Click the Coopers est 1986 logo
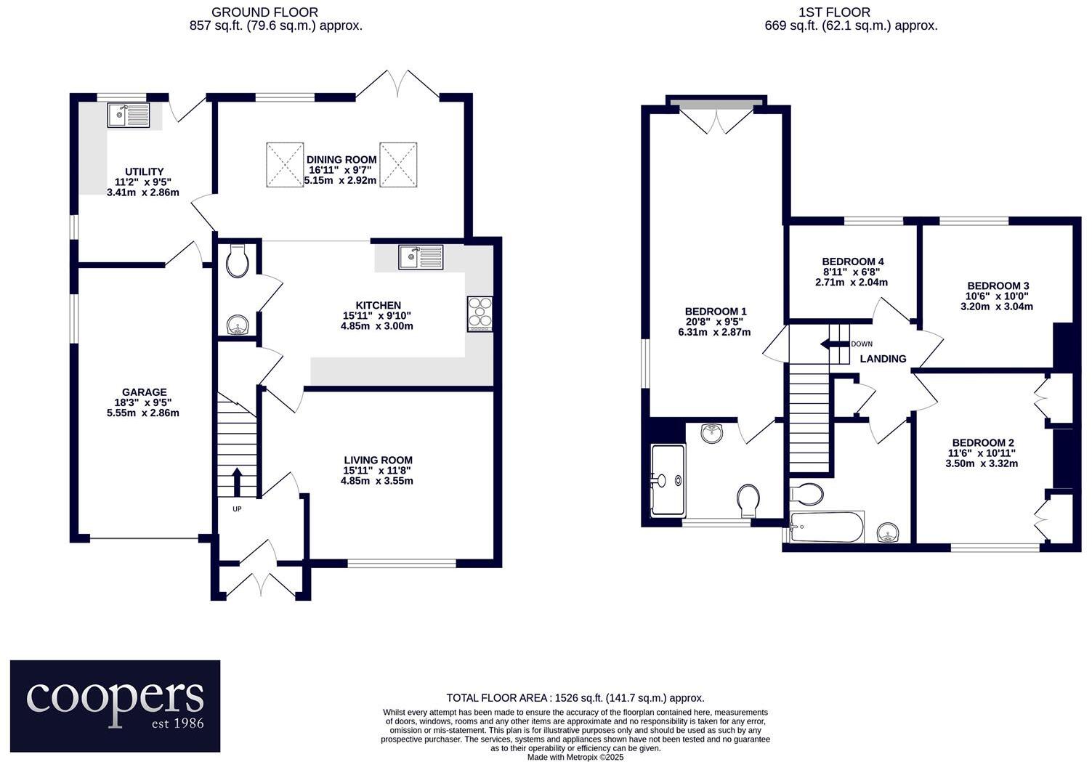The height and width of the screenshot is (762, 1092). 115,705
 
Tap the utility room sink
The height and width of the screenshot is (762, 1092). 128,115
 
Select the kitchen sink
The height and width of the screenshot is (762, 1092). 421,257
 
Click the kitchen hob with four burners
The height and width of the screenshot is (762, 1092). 480,315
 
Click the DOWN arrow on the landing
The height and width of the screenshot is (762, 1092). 829,344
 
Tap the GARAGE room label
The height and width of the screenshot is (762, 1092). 144,392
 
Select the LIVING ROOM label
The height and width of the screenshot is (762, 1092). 378,460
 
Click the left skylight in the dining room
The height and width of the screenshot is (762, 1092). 284,164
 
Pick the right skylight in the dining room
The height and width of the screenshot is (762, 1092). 399,164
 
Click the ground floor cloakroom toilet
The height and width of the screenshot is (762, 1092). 238,262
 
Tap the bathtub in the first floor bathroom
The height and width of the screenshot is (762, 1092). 827,527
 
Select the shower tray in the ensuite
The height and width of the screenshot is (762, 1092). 668,480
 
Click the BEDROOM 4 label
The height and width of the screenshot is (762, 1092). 852,262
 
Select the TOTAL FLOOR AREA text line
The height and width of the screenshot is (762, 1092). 575,697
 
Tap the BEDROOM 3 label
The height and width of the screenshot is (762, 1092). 998,286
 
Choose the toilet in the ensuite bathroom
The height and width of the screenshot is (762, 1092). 748,500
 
